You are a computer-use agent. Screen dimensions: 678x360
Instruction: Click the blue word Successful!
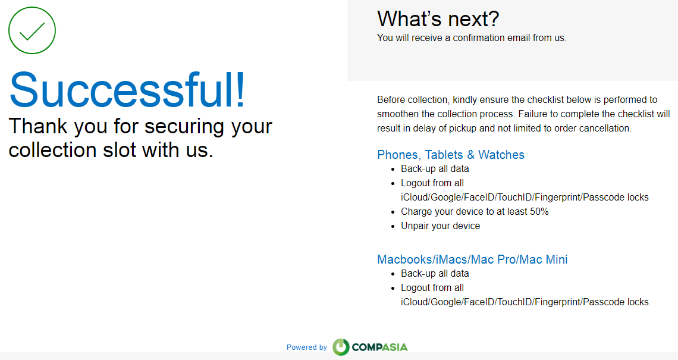point(127,90)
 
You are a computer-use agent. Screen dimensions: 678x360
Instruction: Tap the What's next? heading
point(438,18)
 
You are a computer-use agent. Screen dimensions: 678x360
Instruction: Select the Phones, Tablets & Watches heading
point(451,155)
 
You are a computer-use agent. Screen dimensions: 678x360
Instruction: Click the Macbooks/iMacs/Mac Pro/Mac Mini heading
point(472,259)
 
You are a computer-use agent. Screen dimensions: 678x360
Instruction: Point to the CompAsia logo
point(370,347)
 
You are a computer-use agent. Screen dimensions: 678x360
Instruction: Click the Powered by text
point(306,347)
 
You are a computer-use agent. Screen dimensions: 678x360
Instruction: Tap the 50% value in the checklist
point(539,212)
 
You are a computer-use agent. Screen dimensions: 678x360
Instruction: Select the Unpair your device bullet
point(440,226)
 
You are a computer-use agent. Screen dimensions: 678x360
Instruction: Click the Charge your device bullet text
point(475,212)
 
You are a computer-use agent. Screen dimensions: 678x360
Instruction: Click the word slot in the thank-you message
point(120,150)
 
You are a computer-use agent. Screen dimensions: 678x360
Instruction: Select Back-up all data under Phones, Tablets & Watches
point(435,169)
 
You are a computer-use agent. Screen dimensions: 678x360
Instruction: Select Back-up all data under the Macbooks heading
point(435,274)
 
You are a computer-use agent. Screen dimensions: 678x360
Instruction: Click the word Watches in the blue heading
point(501,155)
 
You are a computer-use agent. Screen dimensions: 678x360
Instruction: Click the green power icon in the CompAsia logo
point(341,347)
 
